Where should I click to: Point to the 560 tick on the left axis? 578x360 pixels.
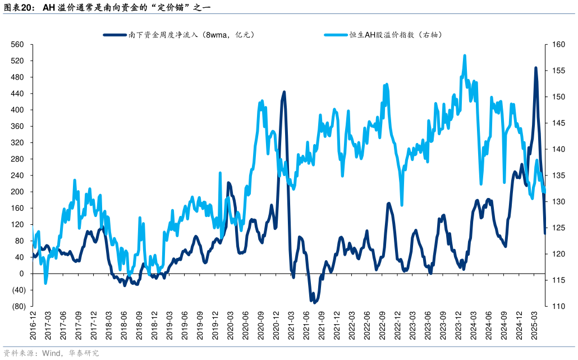coord(17,44)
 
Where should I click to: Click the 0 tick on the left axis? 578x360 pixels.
coord(21,274)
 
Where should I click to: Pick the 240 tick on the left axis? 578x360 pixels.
coord(17,176)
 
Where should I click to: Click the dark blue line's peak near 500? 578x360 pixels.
coord(535,68)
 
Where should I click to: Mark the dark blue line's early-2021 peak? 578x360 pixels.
coord(284,92)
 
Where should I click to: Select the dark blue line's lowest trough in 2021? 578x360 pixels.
coord(315,302)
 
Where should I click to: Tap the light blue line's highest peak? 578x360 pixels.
coord(465,56)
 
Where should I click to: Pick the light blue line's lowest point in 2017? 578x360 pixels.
coord(45,283)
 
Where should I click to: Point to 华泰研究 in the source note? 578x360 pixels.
coord(84,353)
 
